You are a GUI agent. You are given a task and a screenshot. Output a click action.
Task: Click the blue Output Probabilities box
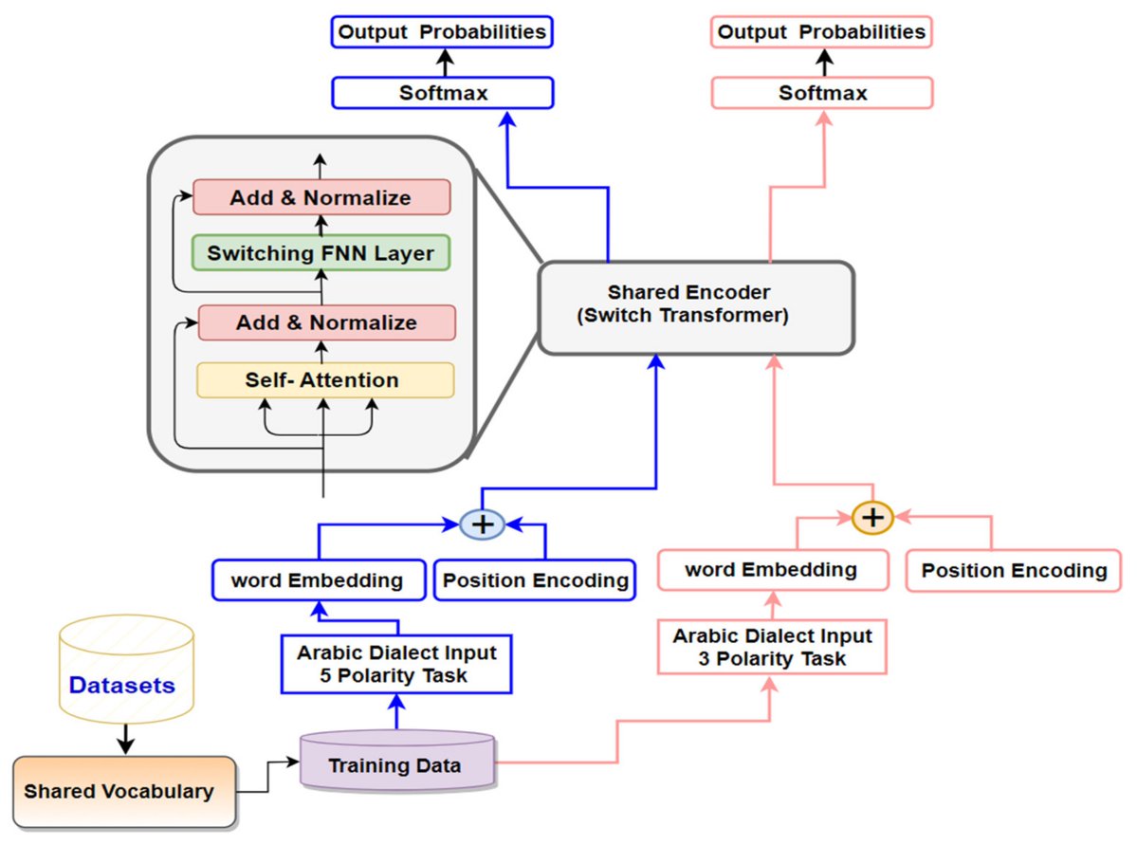point(442,32)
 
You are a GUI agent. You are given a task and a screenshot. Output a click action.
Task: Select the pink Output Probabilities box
point(821,32)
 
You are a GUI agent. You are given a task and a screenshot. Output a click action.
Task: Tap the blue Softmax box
point(442,93)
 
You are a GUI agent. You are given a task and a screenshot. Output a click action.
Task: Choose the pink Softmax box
point(821,93)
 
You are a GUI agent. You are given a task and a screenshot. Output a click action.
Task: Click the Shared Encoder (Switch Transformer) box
point(696,307)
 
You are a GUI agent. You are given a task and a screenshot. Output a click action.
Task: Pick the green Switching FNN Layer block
point(321,253)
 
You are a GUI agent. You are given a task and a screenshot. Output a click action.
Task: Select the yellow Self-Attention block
point(324,380)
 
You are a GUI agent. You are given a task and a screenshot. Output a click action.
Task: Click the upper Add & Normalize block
point(321,198)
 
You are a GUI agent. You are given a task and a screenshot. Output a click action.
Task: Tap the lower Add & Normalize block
point(326,322)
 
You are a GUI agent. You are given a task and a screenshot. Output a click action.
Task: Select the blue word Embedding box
point(317,580)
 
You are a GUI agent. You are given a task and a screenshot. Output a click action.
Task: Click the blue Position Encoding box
point(536,580)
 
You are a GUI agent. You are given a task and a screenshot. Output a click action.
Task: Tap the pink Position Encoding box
point(1014,571)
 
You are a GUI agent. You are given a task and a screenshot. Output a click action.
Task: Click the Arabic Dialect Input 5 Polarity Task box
point(395,664)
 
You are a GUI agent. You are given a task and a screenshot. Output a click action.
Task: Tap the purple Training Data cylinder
point(395,762)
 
